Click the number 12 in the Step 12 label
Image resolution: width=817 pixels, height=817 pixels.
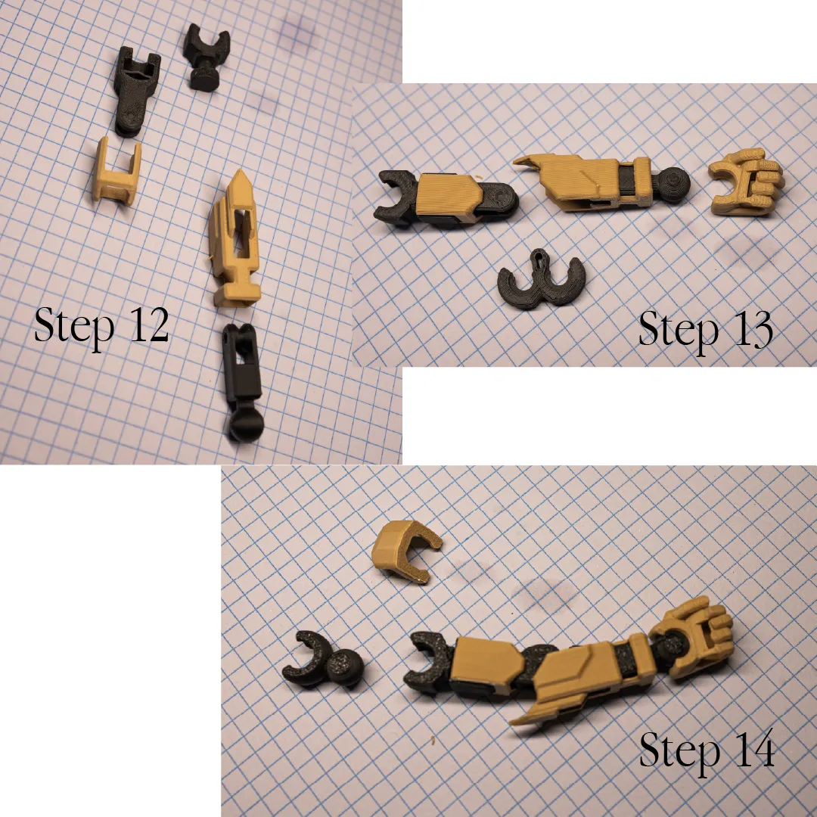(150, 324)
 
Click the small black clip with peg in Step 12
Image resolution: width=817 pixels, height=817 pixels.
(207, 57)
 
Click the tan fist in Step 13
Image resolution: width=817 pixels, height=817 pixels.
(746, 182)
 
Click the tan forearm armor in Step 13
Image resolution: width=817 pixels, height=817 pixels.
(579, 182)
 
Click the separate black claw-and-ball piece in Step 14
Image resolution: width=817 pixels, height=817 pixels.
(322, 659)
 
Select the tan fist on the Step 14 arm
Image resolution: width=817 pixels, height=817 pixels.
(693, 635)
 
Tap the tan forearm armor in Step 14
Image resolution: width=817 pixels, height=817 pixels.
(579, 677)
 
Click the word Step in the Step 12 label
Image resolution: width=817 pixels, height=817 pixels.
(74, 325)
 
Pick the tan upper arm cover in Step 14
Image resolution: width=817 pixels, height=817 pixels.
(487, 664)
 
